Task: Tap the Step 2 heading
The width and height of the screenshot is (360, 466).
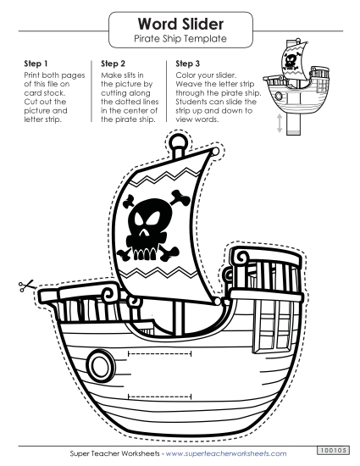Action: (x=113, y=63)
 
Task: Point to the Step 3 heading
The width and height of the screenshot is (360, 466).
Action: (x=188, y=63)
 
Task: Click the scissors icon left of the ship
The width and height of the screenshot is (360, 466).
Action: (x=22, y=287)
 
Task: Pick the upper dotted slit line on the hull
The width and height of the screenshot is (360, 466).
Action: (x=159, y=350)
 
